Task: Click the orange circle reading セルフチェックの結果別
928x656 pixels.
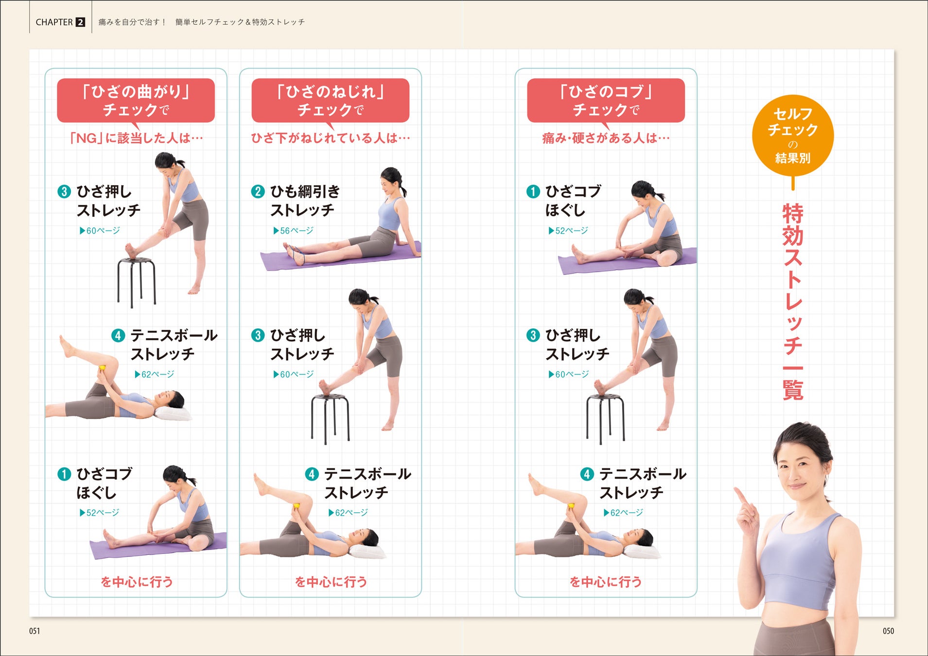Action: tap(792, 135)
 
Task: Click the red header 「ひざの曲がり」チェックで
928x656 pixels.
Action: tap(136, 101)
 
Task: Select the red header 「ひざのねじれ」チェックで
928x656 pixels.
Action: tap(330, 101)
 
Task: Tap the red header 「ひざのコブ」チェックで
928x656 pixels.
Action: tap(606, 101)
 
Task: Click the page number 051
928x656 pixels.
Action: tap(35, 631)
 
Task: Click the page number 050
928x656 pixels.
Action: tap(888, 631)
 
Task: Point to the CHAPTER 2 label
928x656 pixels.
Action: tap(60, 22)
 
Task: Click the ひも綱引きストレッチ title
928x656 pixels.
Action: tap(305, 201)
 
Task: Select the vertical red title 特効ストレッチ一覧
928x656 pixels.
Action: tap(793, 302)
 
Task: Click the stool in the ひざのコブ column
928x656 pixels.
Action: tap(605, 418)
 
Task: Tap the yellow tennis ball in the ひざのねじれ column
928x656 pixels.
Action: tap(296, 506)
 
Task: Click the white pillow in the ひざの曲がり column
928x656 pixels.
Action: tap(173, 414)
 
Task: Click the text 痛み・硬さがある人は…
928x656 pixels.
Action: tap(606, 138)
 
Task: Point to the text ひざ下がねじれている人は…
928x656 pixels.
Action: tap(331, 138)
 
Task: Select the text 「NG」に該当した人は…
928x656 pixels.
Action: tap(136, 138)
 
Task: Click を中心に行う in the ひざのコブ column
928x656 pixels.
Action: tap(606, 582)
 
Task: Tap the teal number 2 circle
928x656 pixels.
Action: tap(258, 191)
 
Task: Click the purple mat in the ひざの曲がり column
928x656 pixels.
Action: tap(158, 546)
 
